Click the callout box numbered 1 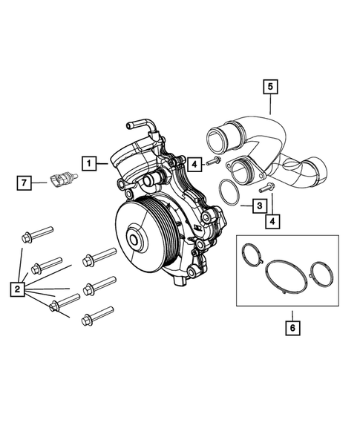tap(88, 162)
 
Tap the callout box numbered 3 tap(260, 205)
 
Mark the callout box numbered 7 tap(24, 181)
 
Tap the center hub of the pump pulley tap(136, 240)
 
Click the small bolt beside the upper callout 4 tap(213, 161)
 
